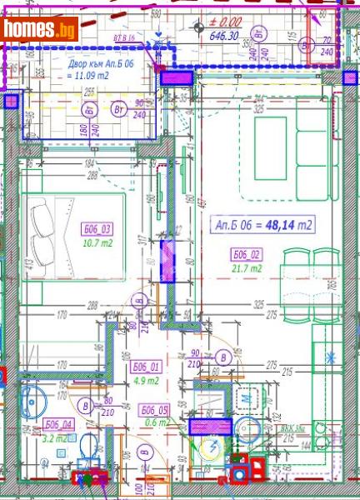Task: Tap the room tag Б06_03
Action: click(97, 229)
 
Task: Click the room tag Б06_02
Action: click(247, 255)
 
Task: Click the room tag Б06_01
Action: click(147, 366)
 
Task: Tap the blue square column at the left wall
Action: click(12, 102)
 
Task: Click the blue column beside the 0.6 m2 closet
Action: click(207, 427)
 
